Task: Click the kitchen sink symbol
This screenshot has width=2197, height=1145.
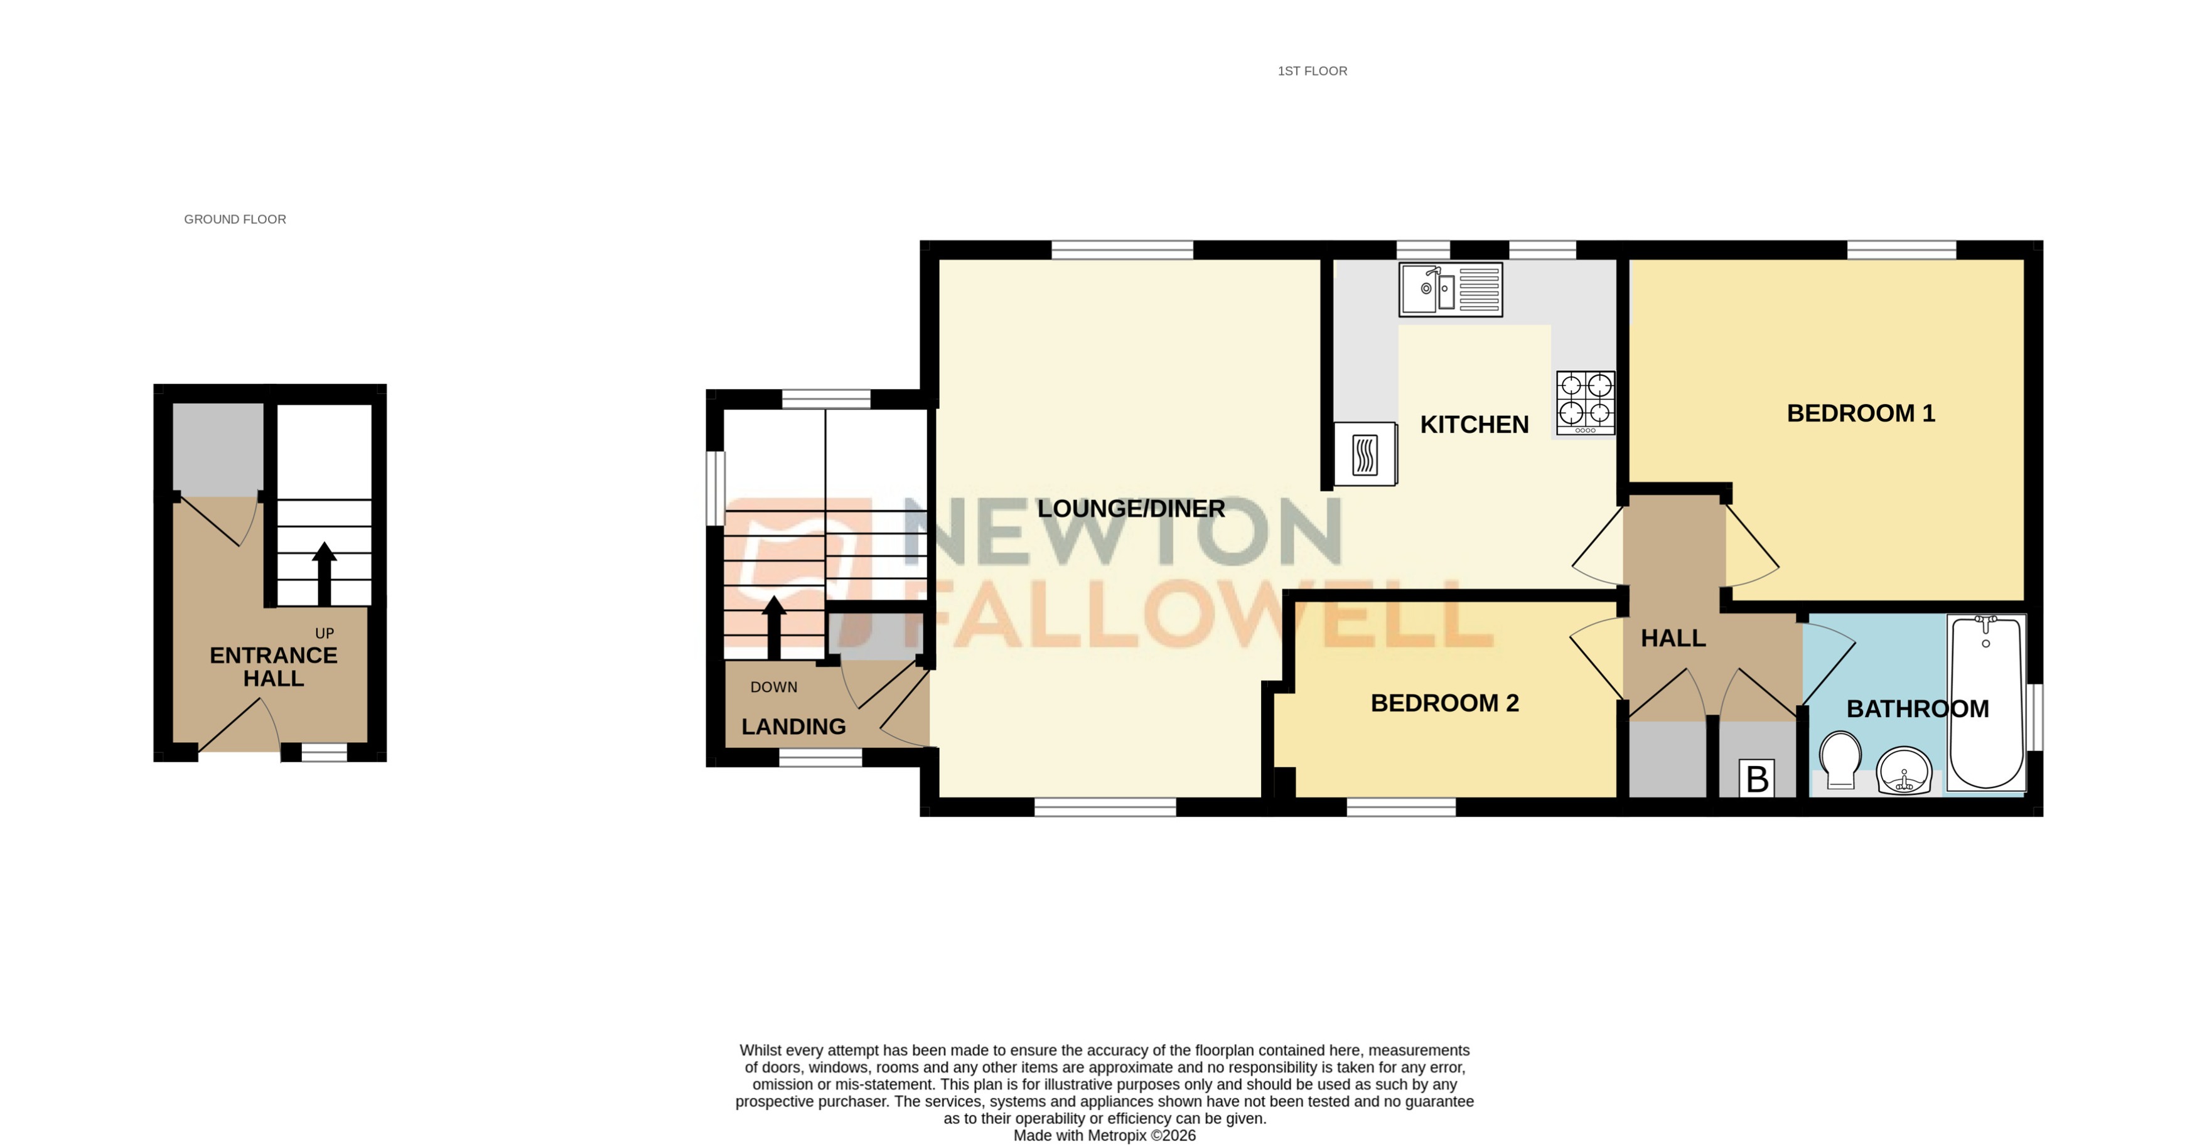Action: coord(1450,290)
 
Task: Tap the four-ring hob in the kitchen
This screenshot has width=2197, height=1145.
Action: coord(1584,402)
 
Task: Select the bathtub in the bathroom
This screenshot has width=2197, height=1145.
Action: coord(1985,703)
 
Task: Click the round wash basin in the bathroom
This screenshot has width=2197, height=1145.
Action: coord(1904,770)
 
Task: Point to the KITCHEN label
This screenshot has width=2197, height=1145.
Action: coord(1474,425)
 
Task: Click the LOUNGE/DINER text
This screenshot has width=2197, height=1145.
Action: coord(1131,509)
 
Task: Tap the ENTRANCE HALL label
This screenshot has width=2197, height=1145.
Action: coord(273,667)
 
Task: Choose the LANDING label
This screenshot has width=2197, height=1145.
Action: coord(793,727)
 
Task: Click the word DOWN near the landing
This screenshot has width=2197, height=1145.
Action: coord(773,687)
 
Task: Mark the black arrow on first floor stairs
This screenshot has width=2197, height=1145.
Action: coord(773,627)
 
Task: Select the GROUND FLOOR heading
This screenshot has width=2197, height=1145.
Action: coord(235,219)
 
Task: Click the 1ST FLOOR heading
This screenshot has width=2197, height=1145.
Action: coord(1312,71)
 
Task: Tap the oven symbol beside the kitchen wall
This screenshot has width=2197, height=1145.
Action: coord(1365,454)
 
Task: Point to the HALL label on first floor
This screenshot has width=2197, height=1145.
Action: coord(1672,637)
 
